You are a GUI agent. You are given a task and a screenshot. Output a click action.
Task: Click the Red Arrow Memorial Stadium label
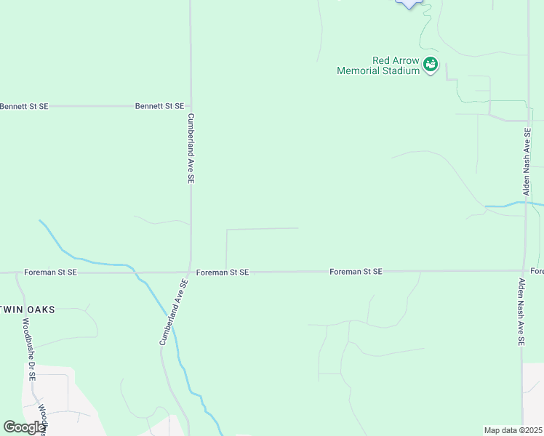(378, 66)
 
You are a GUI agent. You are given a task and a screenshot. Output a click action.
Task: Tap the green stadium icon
(431, 65)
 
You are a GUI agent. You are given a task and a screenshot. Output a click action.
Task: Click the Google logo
(24, 427)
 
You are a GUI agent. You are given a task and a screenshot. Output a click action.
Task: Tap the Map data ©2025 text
(513, 430)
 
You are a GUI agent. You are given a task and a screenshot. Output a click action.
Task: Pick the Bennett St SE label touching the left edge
(24, 106)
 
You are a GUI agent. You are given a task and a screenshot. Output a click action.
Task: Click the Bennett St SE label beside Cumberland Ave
(159, 106)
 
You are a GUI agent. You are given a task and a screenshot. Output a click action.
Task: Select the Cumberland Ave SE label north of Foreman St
(191, 148)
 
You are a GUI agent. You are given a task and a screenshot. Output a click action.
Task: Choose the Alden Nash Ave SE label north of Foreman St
(527, 161)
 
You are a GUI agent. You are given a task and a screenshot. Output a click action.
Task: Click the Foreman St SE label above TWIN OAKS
(50, 272)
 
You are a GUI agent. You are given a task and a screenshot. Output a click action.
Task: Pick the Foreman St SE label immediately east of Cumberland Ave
(223, 272)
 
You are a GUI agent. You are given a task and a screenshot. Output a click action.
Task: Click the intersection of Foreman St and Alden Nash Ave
(523, 271)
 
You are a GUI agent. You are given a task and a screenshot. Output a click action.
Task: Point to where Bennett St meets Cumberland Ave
(191, 106)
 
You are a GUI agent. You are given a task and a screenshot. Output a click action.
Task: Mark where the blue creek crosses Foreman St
(135, 273)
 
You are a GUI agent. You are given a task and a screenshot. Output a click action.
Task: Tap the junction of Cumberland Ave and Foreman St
(191, 273)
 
